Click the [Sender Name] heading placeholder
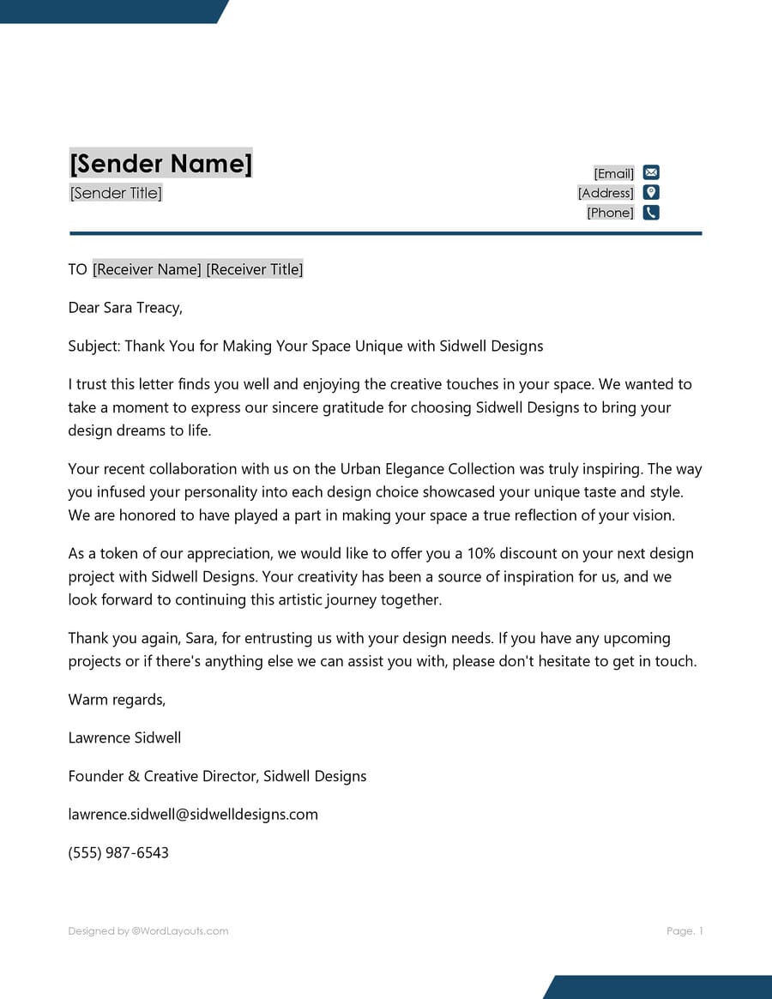point(160,163)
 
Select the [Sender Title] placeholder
point(116,193)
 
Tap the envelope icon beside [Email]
point(651,173)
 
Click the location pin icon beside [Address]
point(651,193)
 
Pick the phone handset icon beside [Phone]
point(651,213)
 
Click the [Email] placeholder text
point(613,174)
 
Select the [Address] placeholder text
point(606,194)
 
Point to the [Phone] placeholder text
point(610,213)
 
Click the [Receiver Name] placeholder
point(147,269)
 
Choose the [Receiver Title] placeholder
point(255,269)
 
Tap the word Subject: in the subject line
point(94,346)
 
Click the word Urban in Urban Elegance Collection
point(359,469)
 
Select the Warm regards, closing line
point(117,700)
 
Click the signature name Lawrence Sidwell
point(124,737)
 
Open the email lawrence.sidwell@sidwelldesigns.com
point(193,815)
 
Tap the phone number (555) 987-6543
point(118,852)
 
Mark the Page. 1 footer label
point(685,931)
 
